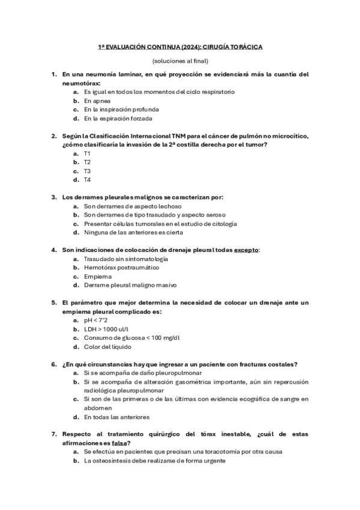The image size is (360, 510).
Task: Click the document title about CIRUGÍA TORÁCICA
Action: point(180,46)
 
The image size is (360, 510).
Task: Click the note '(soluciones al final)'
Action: point(180,61)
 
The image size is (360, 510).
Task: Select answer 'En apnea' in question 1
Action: point(97,101)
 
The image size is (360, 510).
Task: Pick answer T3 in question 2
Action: point(87,171)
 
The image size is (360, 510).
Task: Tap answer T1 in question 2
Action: point(87,153)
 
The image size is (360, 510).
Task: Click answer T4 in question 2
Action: point(87,179)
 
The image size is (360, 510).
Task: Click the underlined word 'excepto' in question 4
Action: point(246,250)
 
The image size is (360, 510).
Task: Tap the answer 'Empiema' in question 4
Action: point(97,276)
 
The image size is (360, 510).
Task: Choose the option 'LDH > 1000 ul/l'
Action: point(106,329)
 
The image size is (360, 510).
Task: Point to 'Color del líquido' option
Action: point(108,346)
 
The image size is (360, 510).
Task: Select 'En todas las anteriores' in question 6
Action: point(117,417)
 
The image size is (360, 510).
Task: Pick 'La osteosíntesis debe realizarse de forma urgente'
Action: point(154,461)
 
